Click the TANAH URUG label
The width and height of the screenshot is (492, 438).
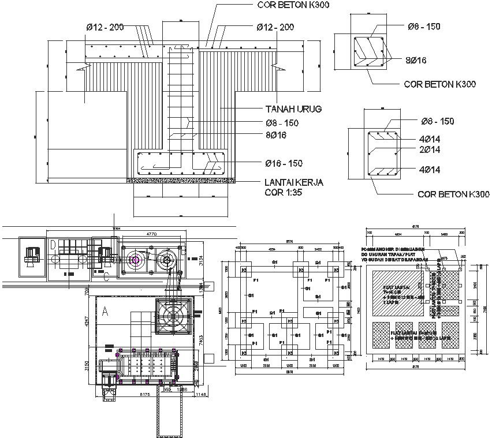pyautogui.click(x=293, y=109)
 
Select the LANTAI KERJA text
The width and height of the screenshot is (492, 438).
pyautogui.click(x=293, y=182)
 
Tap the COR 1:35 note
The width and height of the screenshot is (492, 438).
pyautogui.click(x=284, y=193)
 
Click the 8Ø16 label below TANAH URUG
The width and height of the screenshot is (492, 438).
pyautogui.click(x=276, y=135)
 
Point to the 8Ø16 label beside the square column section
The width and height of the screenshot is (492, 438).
pyautogui.click(x=416, y=60)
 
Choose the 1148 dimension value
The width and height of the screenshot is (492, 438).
pyautogui.click(x=200, y=395)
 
